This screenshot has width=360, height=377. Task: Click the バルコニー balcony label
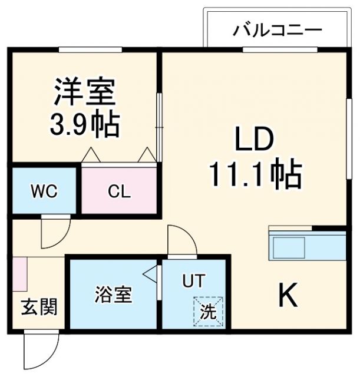click(x=276, y=29)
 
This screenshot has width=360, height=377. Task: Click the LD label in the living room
click(x=254, y=141)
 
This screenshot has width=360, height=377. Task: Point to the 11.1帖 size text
click(x=254, y=173)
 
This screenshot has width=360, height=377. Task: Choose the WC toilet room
click(x=44, y=192)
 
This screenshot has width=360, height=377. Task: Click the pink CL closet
click(x=119, y=192)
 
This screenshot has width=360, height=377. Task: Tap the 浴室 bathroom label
click(x=113, y=295)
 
